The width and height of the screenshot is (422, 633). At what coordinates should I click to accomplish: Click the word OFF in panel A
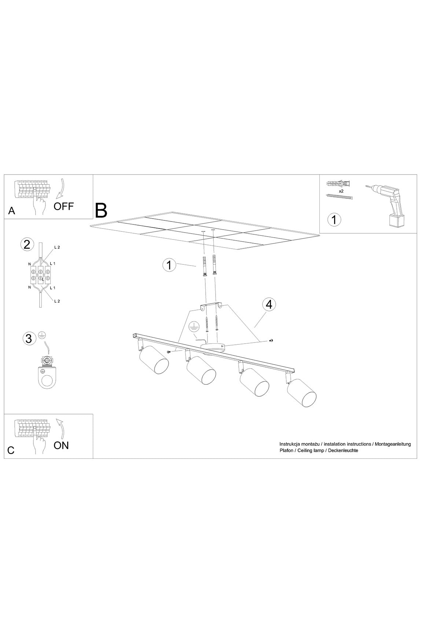63,206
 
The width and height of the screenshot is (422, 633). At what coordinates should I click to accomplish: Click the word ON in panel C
61,445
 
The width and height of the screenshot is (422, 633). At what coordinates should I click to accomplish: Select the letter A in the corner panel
12,211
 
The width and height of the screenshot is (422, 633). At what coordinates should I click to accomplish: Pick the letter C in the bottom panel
11,450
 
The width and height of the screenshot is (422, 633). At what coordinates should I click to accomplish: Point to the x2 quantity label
341,191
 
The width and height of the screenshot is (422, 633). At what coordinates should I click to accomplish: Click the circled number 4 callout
269,304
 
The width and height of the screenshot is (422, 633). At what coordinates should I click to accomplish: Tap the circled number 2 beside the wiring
27,244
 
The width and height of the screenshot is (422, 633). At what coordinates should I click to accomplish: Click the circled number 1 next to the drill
334,220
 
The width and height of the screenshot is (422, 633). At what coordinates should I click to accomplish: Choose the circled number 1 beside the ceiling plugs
169,265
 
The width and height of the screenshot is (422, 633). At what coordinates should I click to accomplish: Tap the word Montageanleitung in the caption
393,444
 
